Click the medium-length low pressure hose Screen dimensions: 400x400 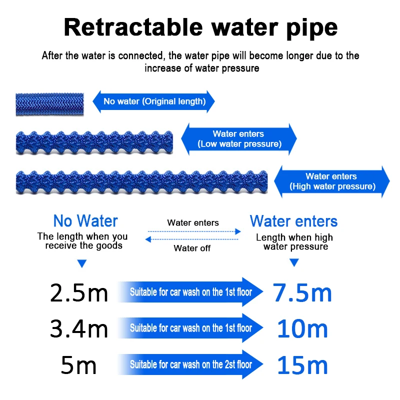coord(94,142)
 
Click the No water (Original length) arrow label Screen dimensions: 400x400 coord(154,101)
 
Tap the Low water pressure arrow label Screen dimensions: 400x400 coord(238,139)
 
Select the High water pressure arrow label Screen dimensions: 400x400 coord(332,181)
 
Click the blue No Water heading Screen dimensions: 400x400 coord(85,221)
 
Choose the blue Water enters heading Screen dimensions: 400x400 coord(293,221)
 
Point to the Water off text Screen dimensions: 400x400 coord(192,248)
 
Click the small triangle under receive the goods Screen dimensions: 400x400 coord(82,263)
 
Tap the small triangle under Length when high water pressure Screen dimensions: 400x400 coord(294,262)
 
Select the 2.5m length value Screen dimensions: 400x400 coord(79,293)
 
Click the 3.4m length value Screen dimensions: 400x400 coord(79,328)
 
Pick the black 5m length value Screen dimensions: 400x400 coord(78,365)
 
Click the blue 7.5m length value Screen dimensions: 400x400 coord(302,293)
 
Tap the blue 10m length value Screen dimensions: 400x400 coord(302,328)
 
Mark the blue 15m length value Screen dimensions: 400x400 coord(302,365)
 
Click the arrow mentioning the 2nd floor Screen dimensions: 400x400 coord(191,365)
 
